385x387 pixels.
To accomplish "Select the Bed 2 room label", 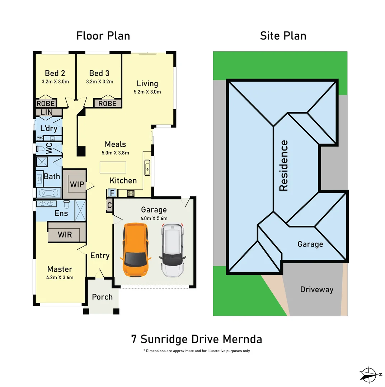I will click(55, 73).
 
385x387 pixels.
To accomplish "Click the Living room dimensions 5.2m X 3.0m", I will click(147, 91).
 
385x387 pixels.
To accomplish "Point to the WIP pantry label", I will click(77, 185).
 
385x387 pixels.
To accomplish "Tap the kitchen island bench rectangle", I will click(113, 167).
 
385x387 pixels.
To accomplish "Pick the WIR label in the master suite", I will click(65, 235).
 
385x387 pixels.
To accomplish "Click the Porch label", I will click(102, 297).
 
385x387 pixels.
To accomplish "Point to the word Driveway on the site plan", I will click(317, 290).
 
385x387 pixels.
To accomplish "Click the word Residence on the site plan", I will click(283, 166).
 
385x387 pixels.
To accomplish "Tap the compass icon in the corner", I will click(369, 374).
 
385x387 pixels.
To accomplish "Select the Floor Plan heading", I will click(103, 36).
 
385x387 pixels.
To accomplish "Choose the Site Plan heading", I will click(283, 36).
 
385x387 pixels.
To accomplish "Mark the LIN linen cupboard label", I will click(46, 112).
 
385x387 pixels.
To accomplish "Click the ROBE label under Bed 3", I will click(107, 104).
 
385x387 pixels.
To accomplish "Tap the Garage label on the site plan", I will click(310, 244).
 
